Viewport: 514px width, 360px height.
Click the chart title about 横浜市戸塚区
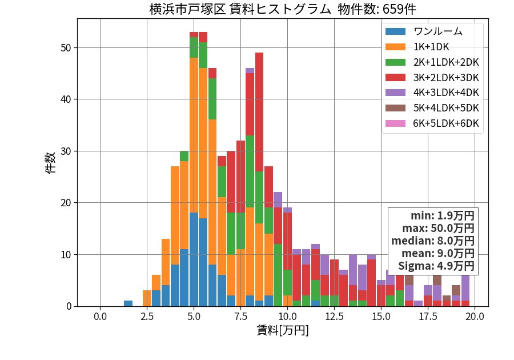(x=283, y=9)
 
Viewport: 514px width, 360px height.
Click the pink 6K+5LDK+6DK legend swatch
(x=395, y=123)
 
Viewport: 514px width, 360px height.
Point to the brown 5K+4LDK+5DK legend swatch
(x=395, y=108)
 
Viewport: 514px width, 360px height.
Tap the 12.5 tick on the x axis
(x=334, y=317)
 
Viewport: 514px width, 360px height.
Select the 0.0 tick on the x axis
(x=100, y=317)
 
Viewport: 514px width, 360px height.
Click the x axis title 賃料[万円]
(x=283, y=330)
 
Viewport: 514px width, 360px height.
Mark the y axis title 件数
(x=50, y=163)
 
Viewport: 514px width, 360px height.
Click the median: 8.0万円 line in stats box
(x=433, y=241)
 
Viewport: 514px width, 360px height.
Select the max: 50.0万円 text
(x=438, y=228)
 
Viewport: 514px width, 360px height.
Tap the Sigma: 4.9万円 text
(x=436, y=266)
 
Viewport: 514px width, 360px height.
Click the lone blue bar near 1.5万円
(x=128, y=303)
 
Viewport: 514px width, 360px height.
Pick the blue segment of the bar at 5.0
(x=194, y=259)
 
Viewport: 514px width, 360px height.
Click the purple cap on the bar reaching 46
(x=250, y=70)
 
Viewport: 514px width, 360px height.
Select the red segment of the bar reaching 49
(x=259, y=112)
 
